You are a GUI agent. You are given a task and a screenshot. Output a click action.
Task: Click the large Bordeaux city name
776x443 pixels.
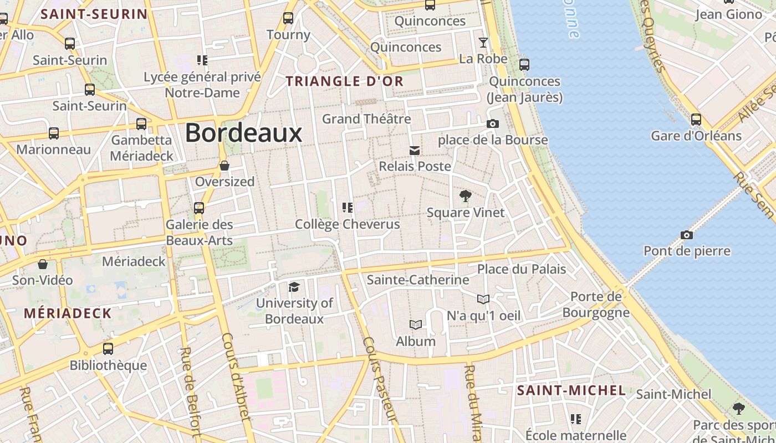[243, 133]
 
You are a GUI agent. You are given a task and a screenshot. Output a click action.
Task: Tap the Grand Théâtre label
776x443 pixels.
[366, 119]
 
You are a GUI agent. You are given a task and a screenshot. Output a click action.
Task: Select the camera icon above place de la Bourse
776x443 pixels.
[492, 123]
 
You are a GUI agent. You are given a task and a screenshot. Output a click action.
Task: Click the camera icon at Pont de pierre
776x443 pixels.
[687, 235]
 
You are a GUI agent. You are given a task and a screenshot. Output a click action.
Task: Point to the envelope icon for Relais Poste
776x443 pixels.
[414, 150]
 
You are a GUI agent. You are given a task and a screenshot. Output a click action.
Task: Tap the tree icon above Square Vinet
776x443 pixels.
[466, 195]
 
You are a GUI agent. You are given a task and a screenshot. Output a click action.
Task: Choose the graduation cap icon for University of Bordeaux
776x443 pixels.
[294, 287]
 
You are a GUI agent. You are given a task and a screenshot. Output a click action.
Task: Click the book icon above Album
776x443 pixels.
[416, 324]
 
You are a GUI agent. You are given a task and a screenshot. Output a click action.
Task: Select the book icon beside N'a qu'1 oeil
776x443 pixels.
[483, 299]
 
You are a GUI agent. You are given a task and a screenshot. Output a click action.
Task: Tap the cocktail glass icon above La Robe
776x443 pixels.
[483, 43]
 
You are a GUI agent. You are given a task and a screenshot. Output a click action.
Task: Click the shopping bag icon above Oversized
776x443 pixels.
[224, 166]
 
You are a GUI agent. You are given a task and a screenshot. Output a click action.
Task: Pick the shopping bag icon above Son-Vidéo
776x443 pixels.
[43, 264]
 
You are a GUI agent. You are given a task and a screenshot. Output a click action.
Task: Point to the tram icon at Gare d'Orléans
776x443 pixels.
[696, 119]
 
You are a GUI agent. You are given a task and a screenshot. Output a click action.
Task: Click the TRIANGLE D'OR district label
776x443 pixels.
[344, 81]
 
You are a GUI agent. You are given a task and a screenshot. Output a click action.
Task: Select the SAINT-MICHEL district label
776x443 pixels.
[571, 390]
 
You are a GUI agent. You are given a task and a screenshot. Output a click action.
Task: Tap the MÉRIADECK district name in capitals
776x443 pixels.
[68, 313]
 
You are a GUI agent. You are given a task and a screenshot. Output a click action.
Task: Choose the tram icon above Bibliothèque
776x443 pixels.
[108, 349]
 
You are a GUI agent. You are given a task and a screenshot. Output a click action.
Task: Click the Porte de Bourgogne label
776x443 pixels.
[596, 305]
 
